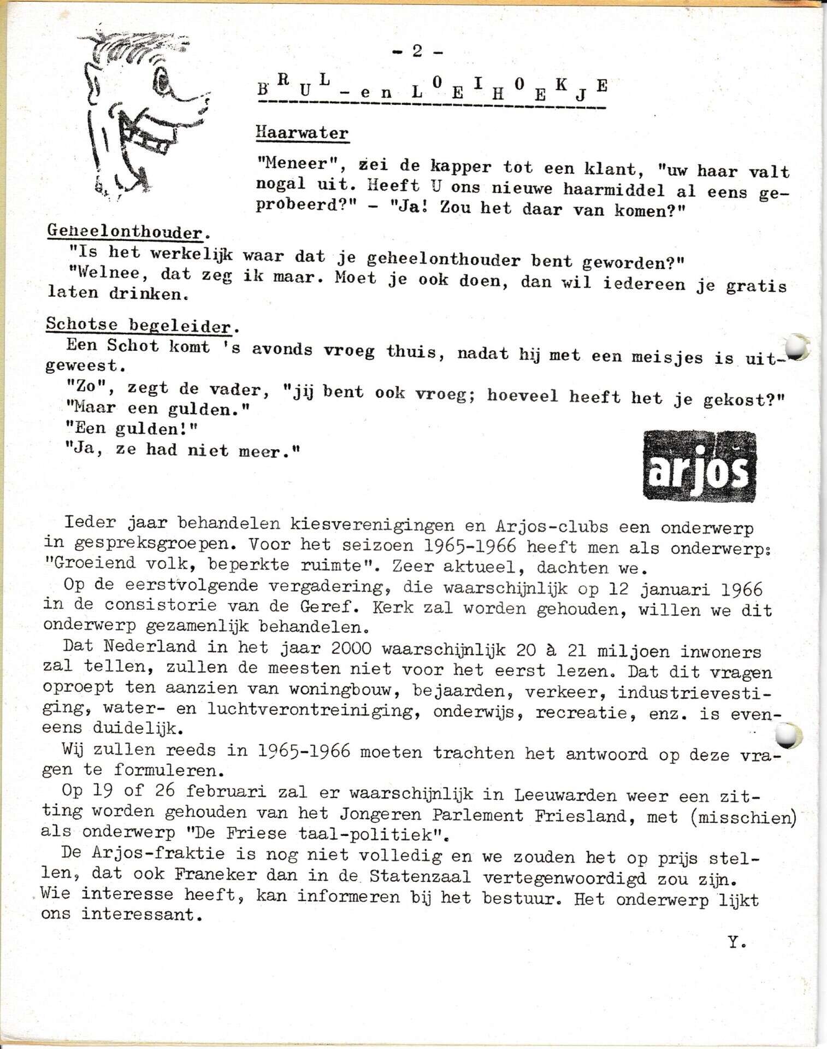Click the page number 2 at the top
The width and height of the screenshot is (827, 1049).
[x=417, y=51]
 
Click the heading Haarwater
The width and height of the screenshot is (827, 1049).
[x=302, y=133]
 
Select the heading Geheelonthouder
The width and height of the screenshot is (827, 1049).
[x=125, y=232]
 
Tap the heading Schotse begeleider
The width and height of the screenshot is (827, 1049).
[x=139, y=326]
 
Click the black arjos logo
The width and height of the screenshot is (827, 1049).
[x=700, y=466]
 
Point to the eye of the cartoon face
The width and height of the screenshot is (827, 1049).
[x=164, y=84]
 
